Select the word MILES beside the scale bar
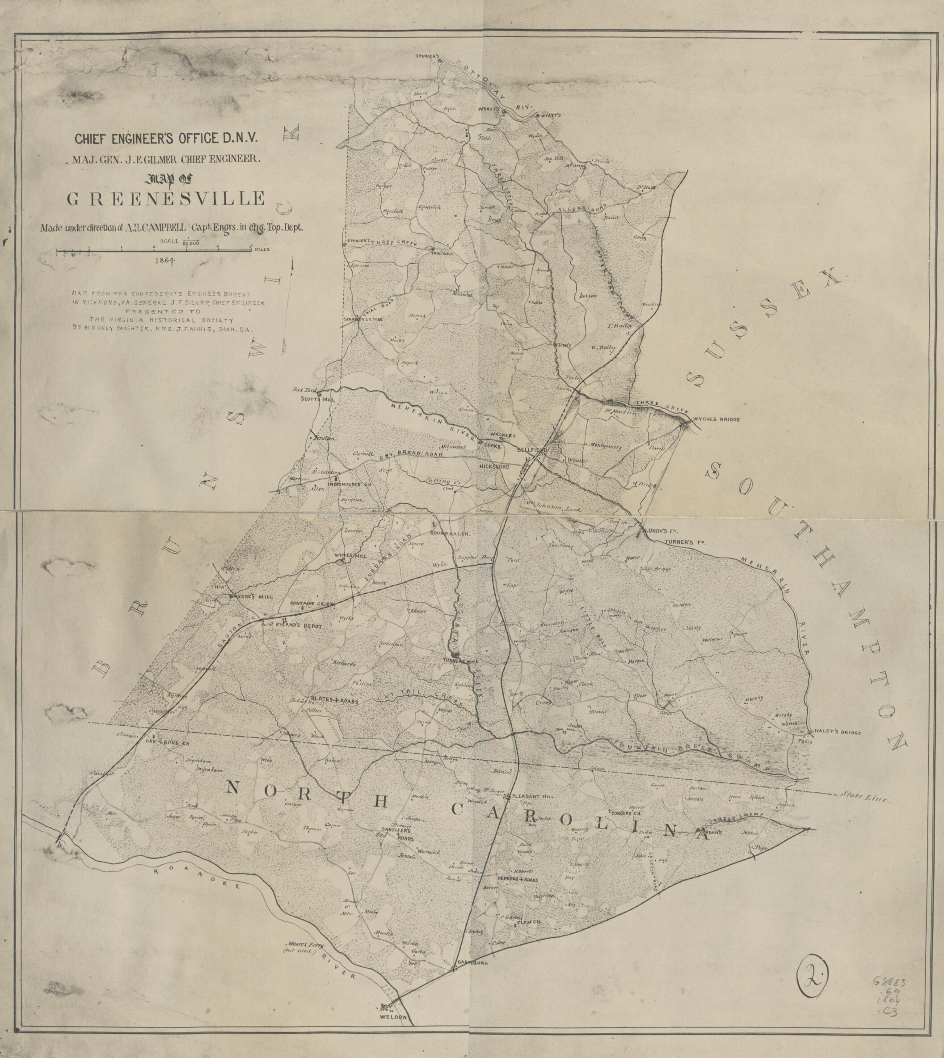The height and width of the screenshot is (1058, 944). [262, 250]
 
